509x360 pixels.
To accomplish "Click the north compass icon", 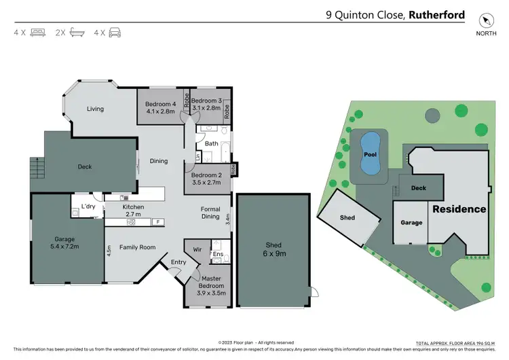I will (x=485, y=20).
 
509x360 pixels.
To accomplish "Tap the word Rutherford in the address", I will (x=437, y=14).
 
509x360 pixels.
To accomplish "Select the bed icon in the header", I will (x=37, y=32).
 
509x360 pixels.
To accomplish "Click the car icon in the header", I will (x=115, y=32).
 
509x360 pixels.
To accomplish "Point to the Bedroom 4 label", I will (x=161, y=104).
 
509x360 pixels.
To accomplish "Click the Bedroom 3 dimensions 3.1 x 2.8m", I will (x=206, y=107).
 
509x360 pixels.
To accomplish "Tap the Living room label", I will (x=96, y=109).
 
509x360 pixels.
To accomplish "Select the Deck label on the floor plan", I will (x=84, y=166).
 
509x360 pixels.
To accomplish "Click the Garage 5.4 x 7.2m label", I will (x=65, y=243).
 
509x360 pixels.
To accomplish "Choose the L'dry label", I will (x=88, y=206).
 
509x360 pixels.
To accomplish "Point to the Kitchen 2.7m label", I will (x=133, y=211).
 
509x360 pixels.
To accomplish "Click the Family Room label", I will (x=138, y=247).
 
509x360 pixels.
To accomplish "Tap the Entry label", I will (x=178, y=262).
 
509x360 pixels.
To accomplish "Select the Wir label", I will (x=197, y=250).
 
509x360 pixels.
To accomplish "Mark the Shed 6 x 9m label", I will (x=274, y=249).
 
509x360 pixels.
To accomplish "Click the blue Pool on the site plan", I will (x=370, y=154).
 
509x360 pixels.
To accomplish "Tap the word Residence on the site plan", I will (x=459, y=209).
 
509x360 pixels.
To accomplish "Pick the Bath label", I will (x=211, y=143).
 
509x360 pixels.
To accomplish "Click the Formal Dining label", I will (x=210, y=213).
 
